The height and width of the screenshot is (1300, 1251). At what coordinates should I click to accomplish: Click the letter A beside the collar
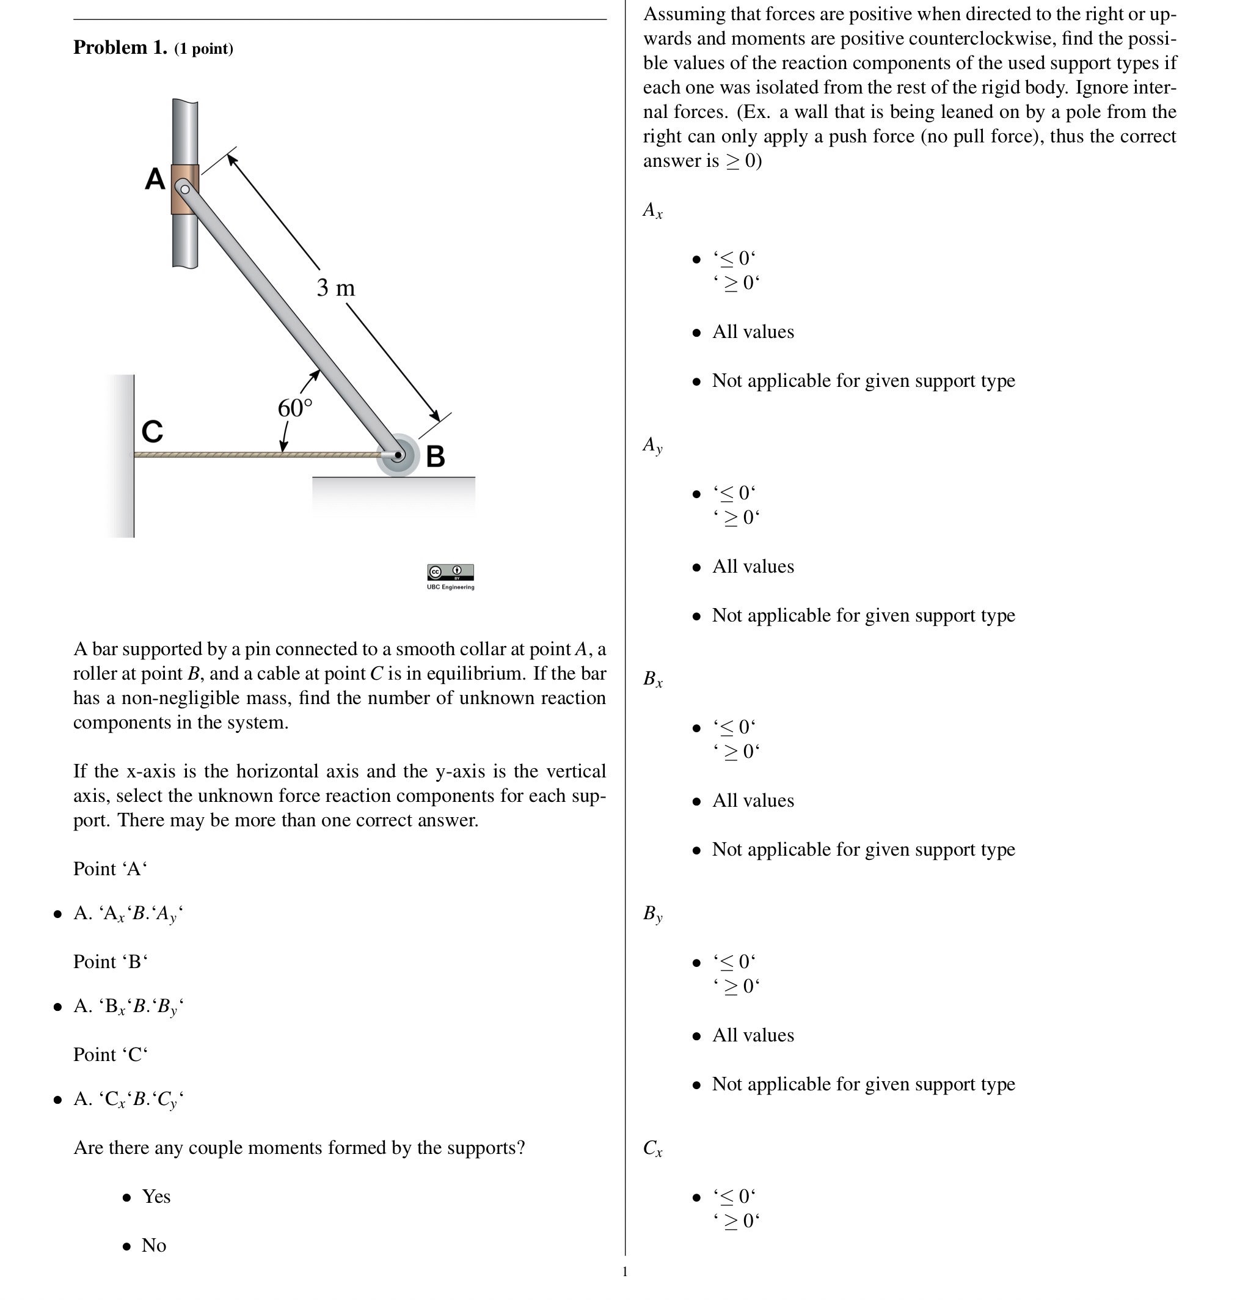[155, 179]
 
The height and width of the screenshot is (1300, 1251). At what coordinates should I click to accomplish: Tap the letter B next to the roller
[435, 457]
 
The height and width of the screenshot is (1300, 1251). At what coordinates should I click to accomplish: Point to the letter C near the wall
[153, 431]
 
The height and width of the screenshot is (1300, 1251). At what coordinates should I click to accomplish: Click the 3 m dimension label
[335, 288]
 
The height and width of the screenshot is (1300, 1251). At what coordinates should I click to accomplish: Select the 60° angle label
[294, 408]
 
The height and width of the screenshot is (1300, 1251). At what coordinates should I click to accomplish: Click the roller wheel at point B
[398, 455]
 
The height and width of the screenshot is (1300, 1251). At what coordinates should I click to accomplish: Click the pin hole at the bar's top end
[185, 189]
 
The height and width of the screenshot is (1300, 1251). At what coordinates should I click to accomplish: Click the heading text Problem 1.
[120, 48]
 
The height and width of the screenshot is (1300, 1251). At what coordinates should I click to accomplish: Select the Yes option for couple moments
[156, 1196]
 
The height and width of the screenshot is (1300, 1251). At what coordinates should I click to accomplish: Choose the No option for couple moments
[154, 1245]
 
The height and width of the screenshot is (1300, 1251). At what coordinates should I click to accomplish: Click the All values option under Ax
[753, 332]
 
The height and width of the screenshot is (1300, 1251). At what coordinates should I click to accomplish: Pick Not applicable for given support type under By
[863, 1084]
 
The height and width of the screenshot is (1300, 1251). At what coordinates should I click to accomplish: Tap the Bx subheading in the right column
[652, 678]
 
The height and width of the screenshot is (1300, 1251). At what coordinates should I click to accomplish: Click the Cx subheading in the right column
[652, 1148]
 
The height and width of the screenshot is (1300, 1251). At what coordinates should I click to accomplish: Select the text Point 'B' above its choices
[110, 961]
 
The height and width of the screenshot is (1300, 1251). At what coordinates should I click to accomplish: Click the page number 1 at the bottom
[624, 1271]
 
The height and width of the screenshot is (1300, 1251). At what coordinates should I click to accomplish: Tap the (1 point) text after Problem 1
[203, 49]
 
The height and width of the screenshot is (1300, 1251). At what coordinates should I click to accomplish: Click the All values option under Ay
[753, 567]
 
